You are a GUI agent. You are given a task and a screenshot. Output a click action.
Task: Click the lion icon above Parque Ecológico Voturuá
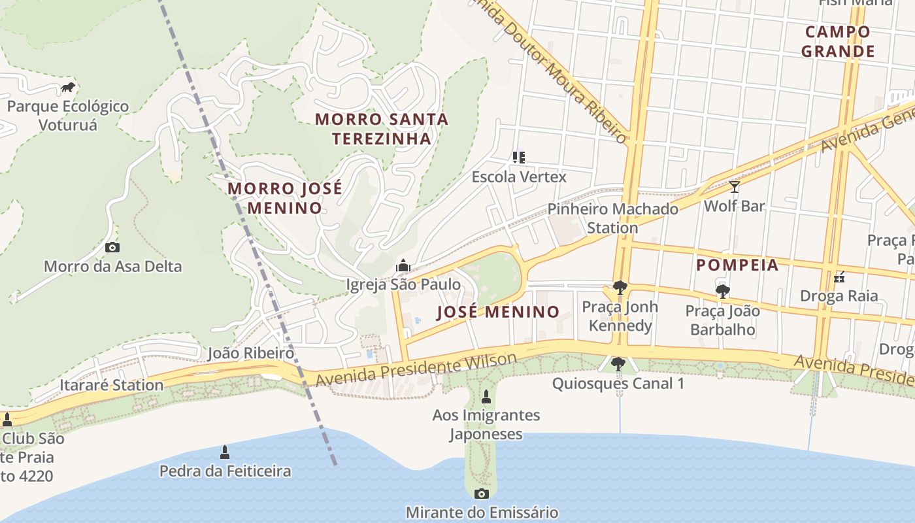pyautogui.click(x=68, y=87)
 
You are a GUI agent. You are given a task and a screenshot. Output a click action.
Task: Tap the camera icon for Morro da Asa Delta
pyautogui.click(x=112, y=247)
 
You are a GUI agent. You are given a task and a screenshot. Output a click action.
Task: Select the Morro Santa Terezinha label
pyautogui.click(x=382, y=129)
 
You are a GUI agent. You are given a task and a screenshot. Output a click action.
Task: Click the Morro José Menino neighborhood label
pyautogui.click(x=284, y=198)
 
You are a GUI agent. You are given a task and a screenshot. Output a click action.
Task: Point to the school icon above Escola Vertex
pyautogui.click(x=519, y=157)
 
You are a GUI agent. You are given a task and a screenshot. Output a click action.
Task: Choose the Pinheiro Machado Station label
pyautogui.click(x=612, y=218)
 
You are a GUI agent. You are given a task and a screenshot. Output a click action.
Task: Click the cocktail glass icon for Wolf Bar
pyautogui.click(x=735, y=188)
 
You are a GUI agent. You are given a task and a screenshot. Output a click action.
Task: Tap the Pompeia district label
pyautogui.click(x=737, y=265)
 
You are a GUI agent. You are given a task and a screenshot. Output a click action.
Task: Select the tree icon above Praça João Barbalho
pyautogui.click(x=722, y=291)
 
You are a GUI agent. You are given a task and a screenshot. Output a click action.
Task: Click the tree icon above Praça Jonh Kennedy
pyautogui.click(x=620, y=287)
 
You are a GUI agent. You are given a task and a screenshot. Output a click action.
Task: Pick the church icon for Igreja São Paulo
pyautogui.click(x=403, y=265)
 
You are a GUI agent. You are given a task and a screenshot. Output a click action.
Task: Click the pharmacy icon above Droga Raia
pyautogui.click(x=840, y=277)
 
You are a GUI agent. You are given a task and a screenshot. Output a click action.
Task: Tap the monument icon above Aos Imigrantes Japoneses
pyautogui.click(x=486, y=396)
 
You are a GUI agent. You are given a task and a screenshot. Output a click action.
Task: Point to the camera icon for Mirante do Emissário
pyautogui.click(x=482, y=494)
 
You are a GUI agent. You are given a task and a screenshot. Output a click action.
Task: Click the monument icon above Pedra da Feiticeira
pyautogui.click(x=225, y=452)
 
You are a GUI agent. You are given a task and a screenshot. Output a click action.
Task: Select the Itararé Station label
pyautogui.click(x=111, y=384)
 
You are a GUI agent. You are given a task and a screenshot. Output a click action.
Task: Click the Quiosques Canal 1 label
pyautogui.click(x=618, y=383)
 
